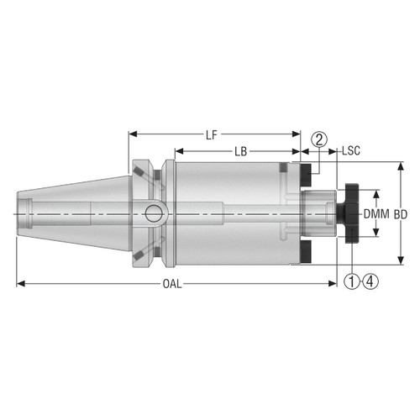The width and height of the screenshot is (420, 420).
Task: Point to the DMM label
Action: click(x=375, y=215)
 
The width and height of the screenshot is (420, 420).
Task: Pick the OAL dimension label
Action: click(x=171, y=284)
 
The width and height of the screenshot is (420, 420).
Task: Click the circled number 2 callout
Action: click(x=318, y=139)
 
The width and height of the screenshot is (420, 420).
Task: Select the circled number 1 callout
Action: click(x=351, y=282)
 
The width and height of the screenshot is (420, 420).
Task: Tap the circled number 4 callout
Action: click(x=370, y=282)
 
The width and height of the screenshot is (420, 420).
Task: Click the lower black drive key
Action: click(x=305, y=252)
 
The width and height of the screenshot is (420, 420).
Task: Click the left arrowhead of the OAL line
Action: click(x=21, y=284)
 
